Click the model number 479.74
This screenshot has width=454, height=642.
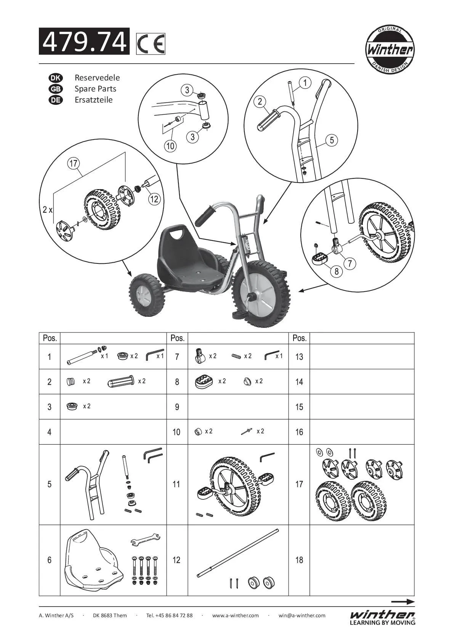point(84,42)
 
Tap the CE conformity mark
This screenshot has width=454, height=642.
point(151,44)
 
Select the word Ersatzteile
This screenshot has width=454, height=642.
point(93,100)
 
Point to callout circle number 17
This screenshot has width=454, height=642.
point(73,164)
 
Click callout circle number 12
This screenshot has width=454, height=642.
point(154,199)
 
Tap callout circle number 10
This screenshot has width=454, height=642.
point(170,146)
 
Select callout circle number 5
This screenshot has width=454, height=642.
point(332,140)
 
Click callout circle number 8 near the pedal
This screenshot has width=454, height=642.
point(337,271)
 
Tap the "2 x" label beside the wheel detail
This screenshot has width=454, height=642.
point(48,210)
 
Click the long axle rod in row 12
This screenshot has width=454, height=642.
point(238,553)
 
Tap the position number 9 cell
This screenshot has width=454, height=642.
point(177,407)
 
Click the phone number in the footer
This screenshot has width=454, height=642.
point(169,615)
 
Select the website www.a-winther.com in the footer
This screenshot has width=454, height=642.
point(235,615)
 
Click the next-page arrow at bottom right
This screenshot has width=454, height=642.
point(403,602)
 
